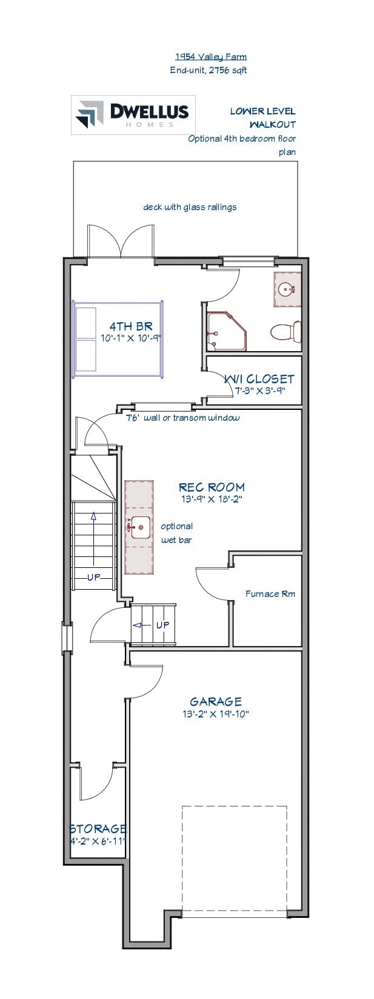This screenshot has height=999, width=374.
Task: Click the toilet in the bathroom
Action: pos(286,331)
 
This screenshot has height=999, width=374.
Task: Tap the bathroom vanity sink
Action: pos(286,289)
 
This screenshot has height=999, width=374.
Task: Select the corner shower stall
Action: pos(226,330)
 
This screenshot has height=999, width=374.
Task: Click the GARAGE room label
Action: pos(216,702)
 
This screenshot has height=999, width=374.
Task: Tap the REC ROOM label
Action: pos(212,487)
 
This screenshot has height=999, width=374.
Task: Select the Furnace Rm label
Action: pos(270,593)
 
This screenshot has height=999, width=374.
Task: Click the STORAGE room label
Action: pos(98,829)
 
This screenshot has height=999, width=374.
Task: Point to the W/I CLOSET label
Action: pos(259,379)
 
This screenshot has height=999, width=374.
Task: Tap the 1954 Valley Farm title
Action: pos(211,57)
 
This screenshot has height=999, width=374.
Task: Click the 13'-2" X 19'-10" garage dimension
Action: pos(216,714)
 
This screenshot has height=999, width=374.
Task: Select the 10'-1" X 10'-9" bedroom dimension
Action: pos(130,338)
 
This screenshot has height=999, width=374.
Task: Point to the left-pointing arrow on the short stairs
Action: pos(143,625)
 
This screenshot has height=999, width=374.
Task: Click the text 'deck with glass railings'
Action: pos(190,207)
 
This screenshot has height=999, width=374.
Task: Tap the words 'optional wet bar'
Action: pos(177,533)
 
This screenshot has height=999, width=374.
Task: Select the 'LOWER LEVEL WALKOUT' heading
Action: pos(263,117)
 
